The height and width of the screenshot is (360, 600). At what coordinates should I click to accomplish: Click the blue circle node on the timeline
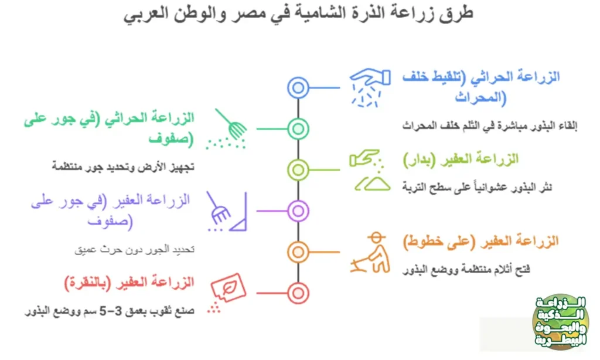click(x=298, y=88)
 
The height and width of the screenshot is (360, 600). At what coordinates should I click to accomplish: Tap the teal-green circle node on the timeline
click(x=298, y=128)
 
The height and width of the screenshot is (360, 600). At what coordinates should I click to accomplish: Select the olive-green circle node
click(x=298, y=169)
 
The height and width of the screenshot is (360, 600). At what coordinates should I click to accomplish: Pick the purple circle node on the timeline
click(x=298, y=210)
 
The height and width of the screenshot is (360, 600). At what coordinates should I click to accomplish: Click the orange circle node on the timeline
click(x=298, y=252)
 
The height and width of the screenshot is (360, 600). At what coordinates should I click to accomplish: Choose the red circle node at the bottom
click(x=298, y=292)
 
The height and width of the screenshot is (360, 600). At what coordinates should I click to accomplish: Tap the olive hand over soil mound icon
click(x=369, y=170)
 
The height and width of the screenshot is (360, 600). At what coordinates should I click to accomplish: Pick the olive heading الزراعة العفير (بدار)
click(x=461, y=159)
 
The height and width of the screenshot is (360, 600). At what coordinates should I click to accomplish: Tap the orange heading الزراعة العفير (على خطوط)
click(x=481, y=241)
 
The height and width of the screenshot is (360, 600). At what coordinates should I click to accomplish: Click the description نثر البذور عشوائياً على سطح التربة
click(x=478, y=187)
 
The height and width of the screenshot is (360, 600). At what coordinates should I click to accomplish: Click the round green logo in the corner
click(x=561, y=322)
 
